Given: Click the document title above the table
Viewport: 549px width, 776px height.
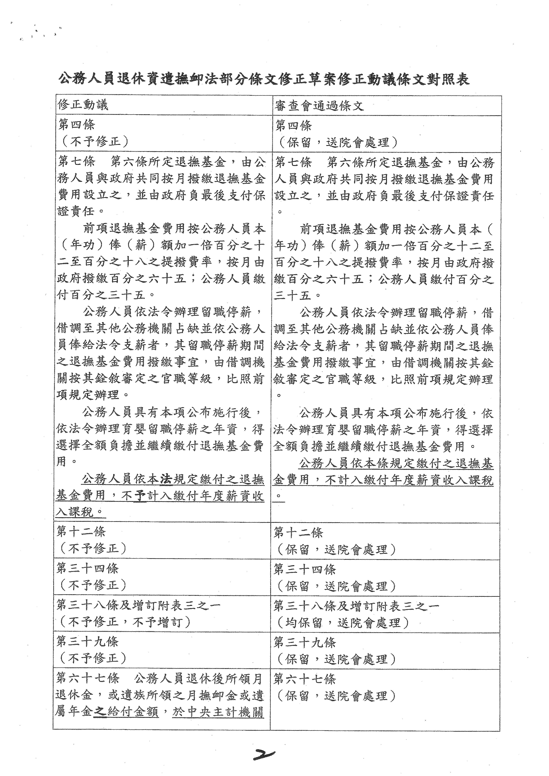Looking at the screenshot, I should [x=264, y=80].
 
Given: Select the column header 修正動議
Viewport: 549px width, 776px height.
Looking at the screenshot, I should [x=83, y=105].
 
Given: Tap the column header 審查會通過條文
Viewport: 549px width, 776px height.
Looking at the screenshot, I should [x=319, y=106].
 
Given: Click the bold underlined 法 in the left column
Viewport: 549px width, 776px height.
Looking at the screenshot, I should [x=166, y=479].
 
